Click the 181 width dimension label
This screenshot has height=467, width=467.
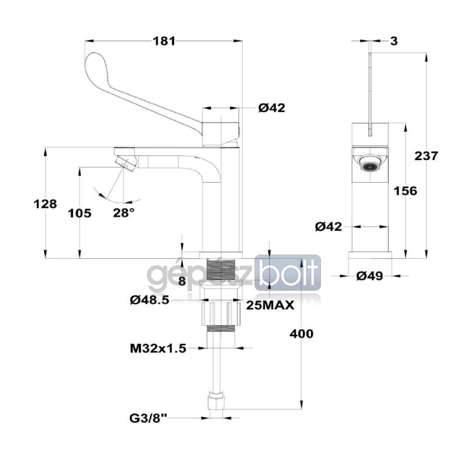point(164,41)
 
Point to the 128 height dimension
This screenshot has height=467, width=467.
point(46,204)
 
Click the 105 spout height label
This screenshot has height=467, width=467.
point(79,213)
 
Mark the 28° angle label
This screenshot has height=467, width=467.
point(124,212)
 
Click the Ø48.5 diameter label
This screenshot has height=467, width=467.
point(149,300)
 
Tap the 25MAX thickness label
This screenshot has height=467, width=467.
point(269,305)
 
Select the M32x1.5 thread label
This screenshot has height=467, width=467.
point(158,348)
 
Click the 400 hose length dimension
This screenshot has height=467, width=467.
point(301,334)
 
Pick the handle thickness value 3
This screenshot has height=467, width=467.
point(394,41)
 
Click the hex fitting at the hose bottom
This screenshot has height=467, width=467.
point(217,402)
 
